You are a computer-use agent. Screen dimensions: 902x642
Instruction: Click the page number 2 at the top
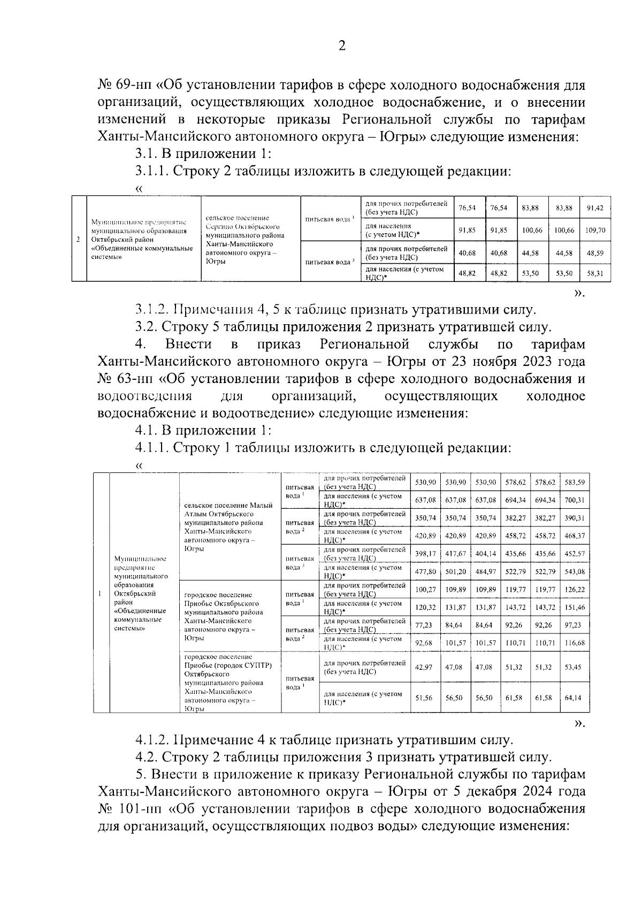[x=342, y=47]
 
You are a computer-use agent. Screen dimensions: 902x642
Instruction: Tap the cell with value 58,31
[x=595, y=273]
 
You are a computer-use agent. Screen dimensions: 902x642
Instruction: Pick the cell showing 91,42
[x=595, y=208]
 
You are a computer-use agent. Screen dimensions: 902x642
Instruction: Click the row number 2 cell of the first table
[x=79, y=239]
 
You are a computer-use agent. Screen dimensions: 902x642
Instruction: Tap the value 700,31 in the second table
[x=575, y=500]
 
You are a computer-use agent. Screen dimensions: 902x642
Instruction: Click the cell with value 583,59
[x=575, y=483]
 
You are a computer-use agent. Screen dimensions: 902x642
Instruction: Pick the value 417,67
[x=456, y=554]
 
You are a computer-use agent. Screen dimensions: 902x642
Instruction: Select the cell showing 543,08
[x=575, y=572]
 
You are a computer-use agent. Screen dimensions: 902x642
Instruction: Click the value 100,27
[x=425, y=590]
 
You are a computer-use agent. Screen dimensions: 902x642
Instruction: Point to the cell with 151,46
[x=575, y=608]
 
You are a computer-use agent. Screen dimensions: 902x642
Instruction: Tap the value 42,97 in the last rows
[x=425, y=667]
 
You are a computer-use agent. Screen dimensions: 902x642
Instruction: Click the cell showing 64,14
[x=575, y=698]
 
